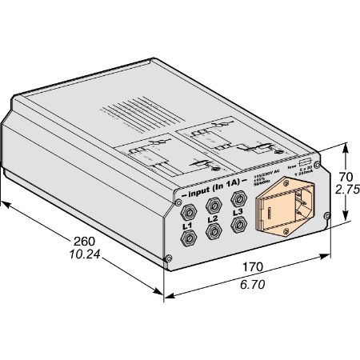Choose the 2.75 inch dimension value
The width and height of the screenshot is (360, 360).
(x=346, y=192)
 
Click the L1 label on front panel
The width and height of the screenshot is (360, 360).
(x=188, y=227)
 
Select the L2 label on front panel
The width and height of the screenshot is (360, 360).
(x=212, y=219)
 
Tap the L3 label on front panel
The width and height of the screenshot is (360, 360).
(x=237, y=212)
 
